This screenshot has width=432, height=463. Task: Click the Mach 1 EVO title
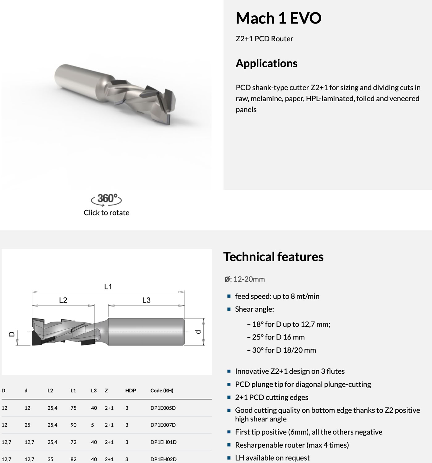278,18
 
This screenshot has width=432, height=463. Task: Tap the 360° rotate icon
106,199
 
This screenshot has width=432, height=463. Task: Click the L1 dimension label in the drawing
108,286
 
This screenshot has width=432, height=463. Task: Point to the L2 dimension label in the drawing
63,300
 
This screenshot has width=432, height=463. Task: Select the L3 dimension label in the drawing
146,300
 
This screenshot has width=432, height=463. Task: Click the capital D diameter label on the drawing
12,334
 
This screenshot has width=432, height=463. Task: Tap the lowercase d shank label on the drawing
198,332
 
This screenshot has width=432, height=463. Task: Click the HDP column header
131,390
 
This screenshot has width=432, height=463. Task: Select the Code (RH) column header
162,390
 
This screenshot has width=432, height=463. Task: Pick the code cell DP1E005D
163,408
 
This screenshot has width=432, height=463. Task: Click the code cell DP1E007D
163,425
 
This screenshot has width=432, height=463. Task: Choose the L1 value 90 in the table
73,425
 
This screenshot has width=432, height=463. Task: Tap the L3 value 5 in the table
93,425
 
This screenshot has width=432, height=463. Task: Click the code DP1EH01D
164,442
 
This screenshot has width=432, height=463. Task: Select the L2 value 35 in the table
50,459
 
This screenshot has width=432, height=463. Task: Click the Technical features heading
273,257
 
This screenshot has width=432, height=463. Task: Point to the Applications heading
267,63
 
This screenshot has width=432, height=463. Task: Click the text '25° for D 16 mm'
278,337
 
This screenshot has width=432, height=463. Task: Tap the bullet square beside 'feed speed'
229,296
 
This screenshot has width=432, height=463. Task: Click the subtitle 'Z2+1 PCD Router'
264,39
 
